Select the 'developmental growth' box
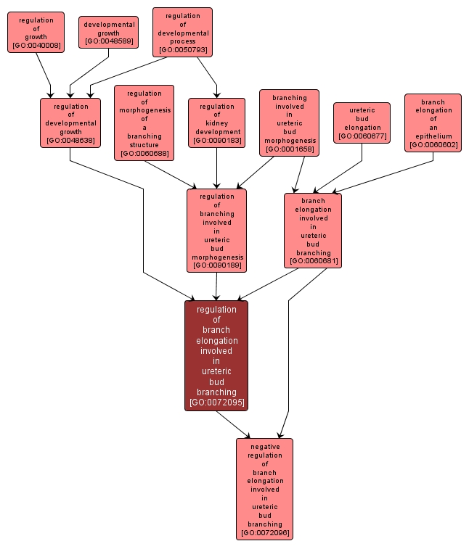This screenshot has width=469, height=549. click(108, 32)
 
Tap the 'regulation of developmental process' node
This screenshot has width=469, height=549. click(182, 32)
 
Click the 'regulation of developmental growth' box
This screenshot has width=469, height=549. click(70, 123)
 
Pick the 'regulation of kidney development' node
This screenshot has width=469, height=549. click(216, 123)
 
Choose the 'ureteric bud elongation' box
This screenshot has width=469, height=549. click(362, 123)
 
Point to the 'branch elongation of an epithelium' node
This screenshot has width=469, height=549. click(433, 123)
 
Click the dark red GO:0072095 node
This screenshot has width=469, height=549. click(216, 355)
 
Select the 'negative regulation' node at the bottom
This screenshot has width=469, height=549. click(264, 489)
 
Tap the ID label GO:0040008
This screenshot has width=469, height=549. click(36, 46)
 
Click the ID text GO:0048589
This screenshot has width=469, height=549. click(108, 41)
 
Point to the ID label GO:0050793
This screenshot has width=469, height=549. click(182, 50)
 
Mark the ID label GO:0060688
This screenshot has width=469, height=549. click(144, 153)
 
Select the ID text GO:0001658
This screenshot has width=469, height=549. click(289, 149)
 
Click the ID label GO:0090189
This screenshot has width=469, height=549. click(216, 265)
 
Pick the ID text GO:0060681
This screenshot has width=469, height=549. click(313, 261)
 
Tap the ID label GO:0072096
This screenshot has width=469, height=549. click(264, 533)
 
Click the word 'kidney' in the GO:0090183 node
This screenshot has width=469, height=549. click(216, 123)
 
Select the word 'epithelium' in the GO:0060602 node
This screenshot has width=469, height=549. click(433, 136)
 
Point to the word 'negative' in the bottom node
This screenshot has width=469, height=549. click(264, 447)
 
